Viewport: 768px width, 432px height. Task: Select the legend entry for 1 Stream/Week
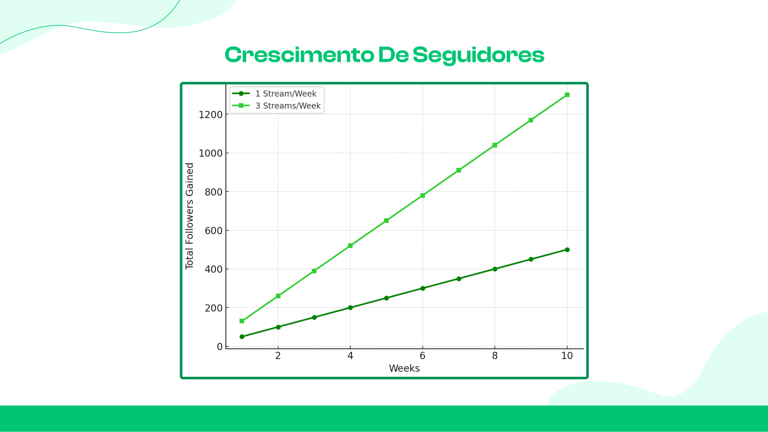(x=285, y=94)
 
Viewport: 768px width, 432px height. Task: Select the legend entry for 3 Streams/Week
(x=288, y=106)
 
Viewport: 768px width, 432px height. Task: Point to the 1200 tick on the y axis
(x=211, y=115)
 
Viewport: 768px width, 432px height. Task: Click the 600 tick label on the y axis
(x=214, y=231)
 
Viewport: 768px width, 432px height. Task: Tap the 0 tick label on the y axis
(x=220, y=347)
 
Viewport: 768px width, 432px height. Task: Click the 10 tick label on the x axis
(x=567, y=356)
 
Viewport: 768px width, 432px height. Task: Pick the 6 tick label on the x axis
(x=422, y=356)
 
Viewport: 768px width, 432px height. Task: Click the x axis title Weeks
(x=404, y=368)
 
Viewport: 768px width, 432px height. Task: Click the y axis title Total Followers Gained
(x=189, y=216)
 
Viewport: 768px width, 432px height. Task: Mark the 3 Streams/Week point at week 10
(x=567, y=95)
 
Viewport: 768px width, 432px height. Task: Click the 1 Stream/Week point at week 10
(x=567, y=250)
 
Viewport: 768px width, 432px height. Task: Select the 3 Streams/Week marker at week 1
(x=242, y=321)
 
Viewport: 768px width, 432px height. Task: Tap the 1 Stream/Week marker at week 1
(x=242, y=337)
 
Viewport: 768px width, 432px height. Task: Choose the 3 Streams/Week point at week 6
(x=422, y=196)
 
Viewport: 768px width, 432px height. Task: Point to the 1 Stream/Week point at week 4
(x=350, y=307)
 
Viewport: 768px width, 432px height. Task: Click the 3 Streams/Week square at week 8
(x=495, y=145)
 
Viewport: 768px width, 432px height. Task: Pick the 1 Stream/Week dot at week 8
(x=495, y=269)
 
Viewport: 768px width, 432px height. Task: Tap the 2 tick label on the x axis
(x=278, y=356)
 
